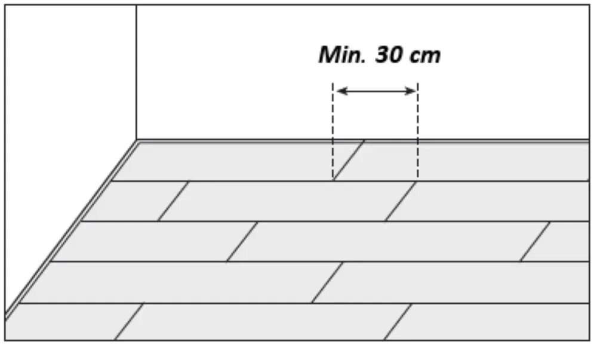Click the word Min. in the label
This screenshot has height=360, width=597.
pyautogui.click(x=342, y=56)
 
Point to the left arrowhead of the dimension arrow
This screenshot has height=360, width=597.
pyautogui.click(x=340, y=91)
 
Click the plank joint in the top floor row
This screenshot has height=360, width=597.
pyautogui.click(x=349, y=161)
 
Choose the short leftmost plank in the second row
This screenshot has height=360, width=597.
pyautogui.click(x=134, y=201)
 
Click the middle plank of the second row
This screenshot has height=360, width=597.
pyautogui.click(x=287, y=201)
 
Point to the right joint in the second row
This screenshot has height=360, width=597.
pyautogui.click(x=401, y=201)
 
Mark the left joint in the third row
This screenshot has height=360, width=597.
pyautogui.click(x=242, y=241)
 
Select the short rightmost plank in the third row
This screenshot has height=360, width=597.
pyautogui.click(x=561, y=241)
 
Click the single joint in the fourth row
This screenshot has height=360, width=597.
pyautogui.click(x=328, y=282)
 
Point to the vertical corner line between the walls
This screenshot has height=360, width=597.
pyautogui.click(x=136, y=72)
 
